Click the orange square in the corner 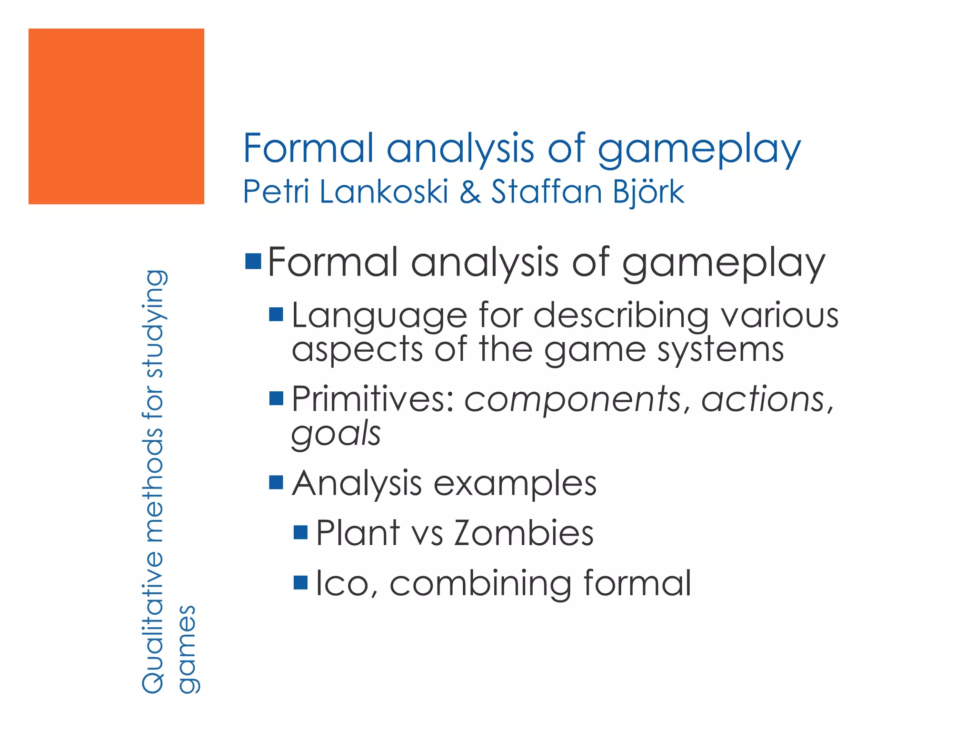116,116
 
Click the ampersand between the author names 470,192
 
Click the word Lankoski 384,192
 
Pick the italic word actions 765,399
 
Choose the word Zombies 524,533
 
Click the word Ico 342,583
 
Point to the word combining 480,584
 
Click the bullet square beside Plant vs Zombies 301,532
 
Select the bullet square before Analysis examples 276,482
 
